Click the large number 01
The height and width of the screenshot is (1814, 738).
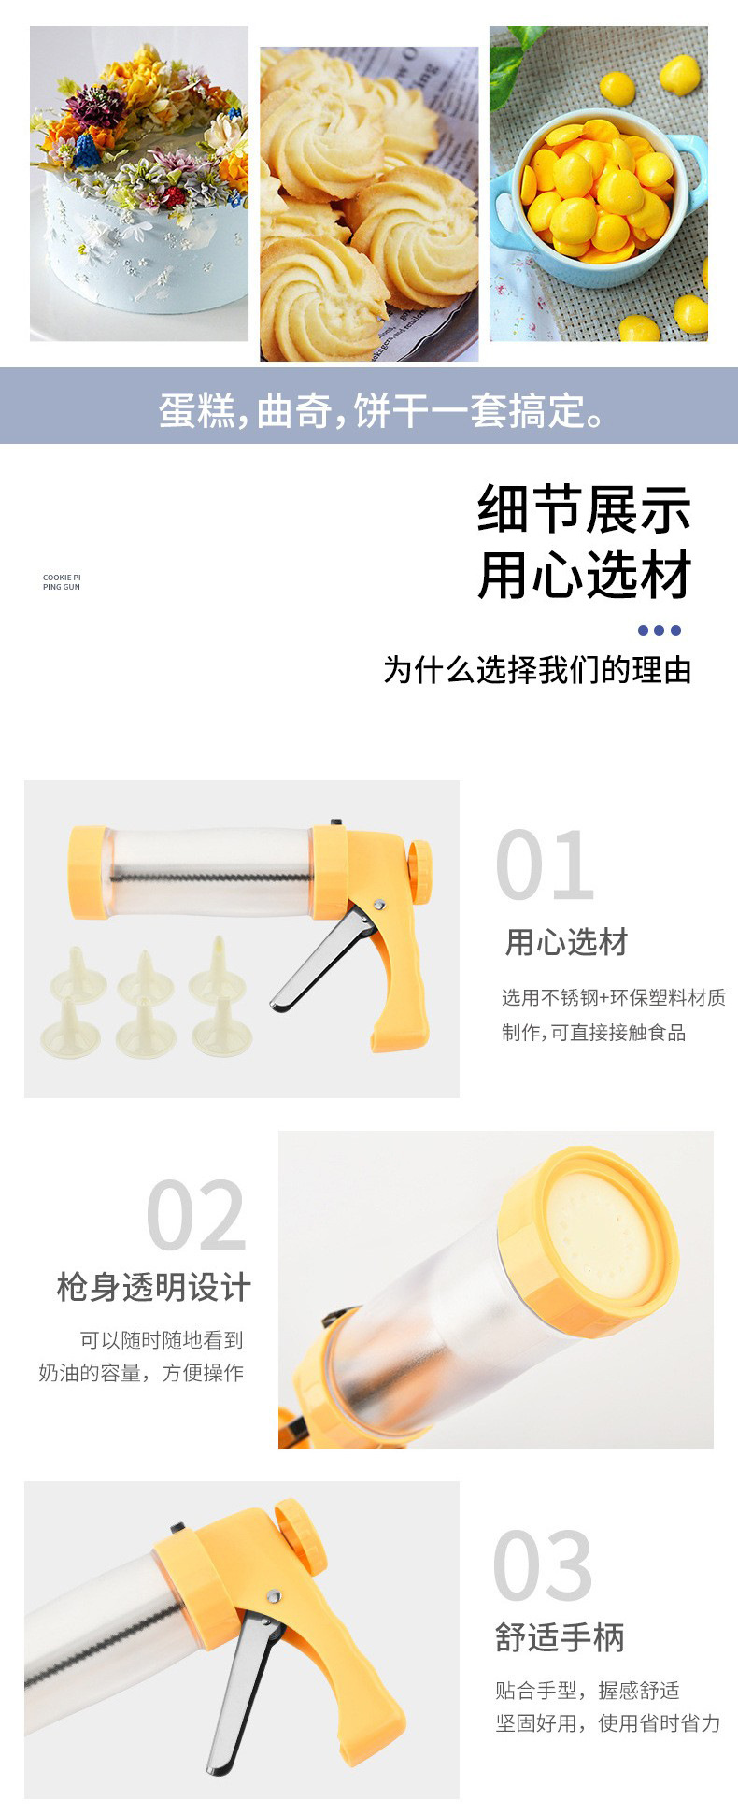pyautogui.click(x=545, y=864)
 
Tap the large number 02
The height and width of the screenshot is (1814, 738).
pyautogui.click(x=196, y=1215)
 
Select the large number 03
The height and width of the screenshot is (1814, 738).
pyautogui.click(x=543, y=1566)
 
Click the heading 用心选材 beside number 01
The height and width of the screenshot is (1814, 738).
pyautogui.click(x=566, y=942)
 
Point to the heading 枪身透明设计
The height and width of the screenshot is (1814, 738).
pyautogui.click(x=154, y=1287)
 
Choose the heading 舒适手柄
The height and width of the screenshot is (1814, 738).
pyautogui.click(x=560, y=1637)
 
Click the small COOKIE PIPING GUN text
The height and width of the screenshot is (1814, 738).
pyautogui.click(x=62, y=582)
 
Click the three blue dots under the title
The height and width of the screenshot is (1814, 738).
pyautogui.click(x=659, y=630)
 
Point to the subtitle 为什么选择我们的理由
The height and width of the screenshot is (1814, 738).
pyautogui.click(x=537, y=670)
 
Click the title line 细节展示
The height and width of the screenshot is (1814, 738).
pyautogui.click(x=585, y=509)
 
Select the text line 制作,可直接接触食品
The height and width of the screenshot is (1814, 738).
pyautogui.click(x=594, y=1033)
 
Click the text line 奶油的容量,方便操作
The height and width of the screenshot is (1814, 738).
pyautogui.click(x=141, y=1373)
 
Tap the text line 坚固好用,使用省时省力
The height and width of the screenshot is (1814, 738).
pyautogui.click(x=608, y=1723)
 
